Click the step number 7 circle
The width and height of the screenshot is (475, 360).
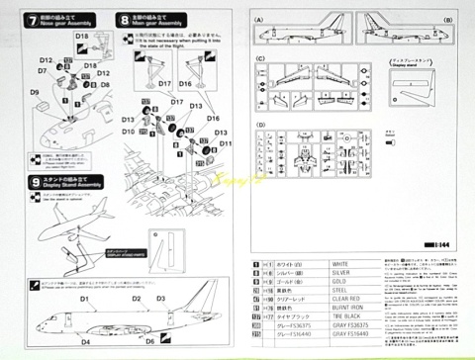tap(34, 19)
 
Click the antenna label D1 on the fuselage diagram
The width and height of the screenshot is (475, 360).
tap(85, 298)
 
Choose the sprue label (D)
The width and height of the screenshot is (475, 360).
tap(259, 126)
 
